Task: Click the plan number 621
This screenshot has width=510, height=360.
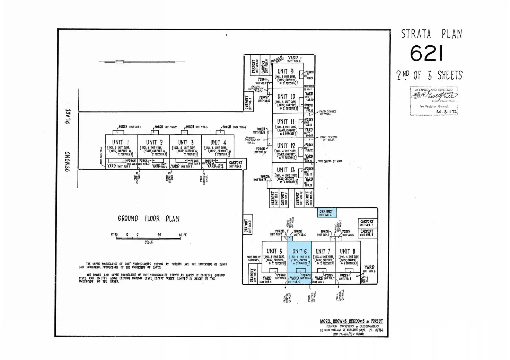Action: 427,54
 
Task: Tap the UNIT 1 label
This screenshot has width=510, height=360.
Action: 118,142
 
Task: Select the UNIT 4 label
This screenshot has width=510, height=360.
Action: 218,142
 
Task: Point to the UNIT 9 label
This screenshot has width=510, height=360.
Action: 285,72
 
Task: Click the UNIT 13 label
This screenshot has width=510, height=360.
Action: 286,170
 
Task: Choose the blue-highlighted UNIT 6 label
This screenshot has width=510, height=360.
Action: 299,251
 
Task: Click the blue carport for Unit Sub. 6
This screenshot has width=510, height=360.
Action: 326,213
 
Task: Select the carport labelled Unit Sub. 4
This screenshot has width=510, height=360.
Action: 236,164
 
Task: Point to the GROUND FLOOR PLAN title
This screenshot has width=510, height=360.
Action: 149,219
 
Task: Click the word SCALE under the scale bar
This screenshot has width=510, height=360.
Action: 149,242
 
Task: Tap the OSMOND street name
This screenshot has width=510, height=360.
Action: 68,161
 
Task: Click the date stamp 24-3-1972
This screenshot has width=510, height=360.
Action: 446,112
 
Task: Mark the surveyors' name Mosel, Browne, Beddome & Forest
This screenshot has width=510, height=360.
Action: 351,322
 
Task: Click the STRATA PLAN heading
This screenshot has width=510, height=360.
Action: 431,34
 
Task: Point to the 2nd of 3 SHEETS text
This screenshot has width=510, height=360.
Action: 429,75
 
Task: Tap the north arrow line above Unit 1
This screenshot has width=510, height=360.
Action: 142,62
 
